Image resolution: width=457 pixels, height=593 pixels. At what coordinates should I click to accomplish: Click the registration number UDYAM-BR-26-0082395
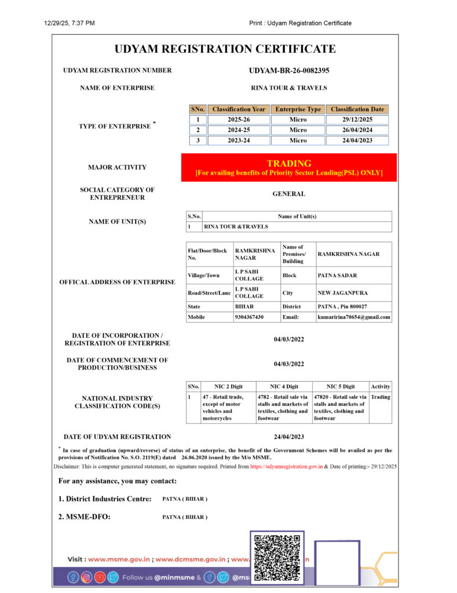(x=289, y=71)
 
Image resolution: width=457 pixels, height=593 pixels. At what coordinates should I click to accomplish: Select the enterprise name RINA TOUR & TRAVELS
(x=289, y=88)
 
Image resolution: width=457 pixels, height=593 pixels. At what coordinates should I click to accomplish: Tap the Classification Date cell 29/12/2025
(x=357, y=119)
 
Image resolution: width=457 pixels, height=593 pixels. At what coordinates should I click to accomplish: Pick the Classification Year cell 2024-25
(x=239, y=130)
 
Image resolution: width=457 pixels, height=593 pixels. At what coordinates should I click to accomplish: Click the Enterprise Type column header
(x=298, y=109)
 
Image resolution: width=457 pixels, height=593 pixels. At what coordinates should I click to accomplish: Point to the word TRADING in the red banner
(x=289, y=163)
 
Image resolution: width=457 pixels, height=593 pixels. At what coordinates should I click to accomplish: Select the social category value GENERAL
(x=289, y=194)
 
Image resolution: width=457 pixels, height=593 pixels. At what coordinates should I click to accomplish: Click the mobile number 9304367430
(x=249, y=317)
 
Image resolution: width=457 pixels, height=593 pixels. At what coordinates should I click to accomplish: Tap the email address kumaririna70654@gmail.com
(x=354, y=317)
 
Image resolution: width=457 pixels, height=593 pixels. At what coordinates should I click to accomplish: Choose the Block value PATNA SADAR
(x=337, y=276)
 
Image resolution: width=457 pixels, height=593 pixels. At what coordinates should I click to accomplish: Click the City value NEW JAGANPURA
(x=343, y=293)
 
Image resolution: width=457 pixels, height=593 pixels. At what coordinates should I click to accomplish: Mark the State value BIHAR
(x=244, y=306)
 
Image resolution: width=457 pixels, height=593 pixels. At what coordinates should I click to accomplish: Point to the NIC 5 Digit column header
(x=341, y=386)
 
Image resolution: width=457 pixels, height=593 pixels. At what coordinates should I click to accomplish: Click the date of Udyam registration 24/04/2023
(x=289, y=437)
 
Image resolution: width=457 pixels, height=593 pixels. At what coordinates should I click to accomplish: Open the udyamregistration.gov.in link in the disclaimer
(x=286, y=466)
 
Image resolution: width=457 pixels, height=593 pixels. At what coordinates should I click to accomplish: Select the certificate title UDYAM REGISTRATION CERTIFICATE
(x=225, y=49)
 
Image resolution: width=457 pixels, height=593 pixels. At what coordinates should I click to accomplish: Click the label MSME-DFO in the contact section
(x=84, y=517)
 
